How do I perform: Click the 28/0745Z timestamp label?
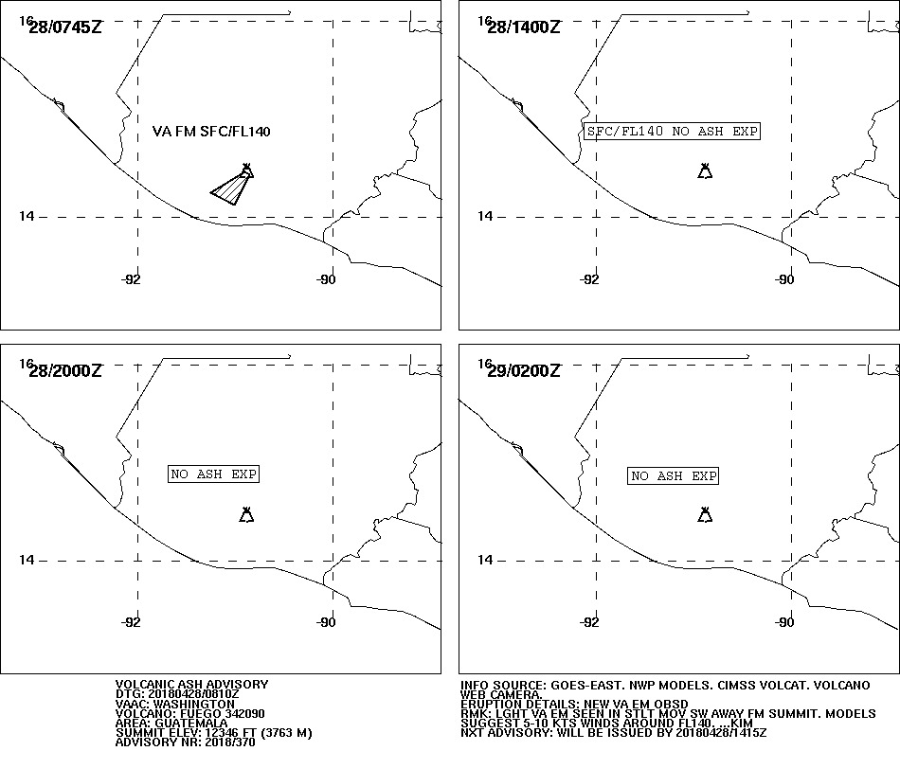pyautogui.click(x=64, y=27)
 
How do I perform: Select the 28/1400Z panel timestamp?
pyautogui.click(x=524, y=27)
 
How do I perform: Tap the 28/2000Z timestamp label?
pyautogui.click(x=64, y=370)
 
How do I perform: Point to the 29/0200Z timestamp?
pyautogui.click(x=524, y=370)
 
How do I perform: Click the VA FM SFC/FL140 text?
pyautogui.click(x=211, y=132)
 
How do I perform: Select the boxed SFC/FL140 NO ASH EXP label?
pyautogui.click(x=672, y=132)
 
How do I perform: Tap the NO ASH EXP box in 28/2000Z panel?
pyautogui.click(x=213, y=474)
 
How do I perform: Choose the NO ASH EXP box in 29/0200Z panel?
pyautogui.click(x=674, y=475)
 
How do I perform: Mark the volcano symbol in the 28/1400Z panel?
pyautogui.click(x=705, y=171)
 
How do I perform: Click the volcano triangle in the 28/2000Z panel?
pyautogui.click(x=247, y=515)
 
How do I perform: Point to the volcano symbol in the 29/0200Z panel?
pyautogui.click(x=705, y=515)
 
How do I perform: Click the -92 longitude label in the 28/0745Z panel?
pyautogui.click(x=131, y=279)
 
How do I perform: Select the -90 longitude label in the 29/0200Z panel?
pyautogui.click(x=784, y=622)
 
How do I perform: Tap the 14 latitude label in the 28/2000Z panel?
pyautogui.click(x=27, y=560)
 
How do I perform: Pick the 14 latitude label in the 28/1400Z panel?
pyautogui.click(x=485, y=216)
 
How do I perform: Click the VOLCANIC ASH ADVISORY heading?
pyautogui.click(x=191, y=685)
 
